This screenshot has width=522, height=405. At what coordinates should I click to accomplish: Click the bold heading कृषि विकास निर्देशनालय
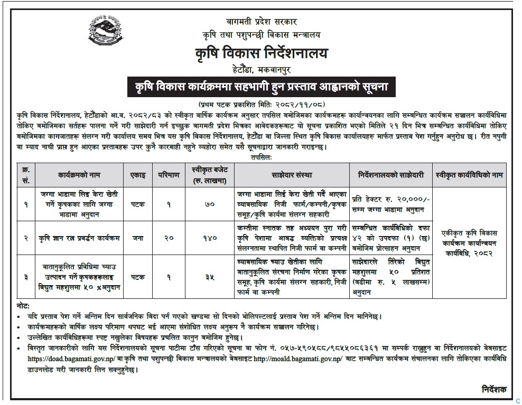pyautogui.click(x=262, y=53)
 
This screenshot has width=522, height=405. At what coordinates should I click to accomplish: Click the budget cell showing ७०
pyautogui.click(x=209, y=203)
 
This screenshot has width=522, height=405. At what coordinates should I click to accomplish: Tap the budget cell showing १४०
pyautogui.click(x=209, y=238)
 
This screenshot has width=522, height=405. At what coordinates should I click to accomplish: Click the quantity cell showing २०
pyautogui.click(x=168, y=238)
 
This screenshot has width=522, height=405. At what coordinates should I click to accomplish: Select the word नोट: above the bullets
pyautogui.click(x=23, y=306)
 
